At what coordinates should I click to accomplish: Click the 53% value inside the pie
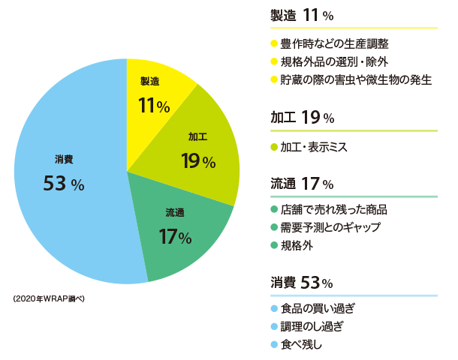pos(63,183)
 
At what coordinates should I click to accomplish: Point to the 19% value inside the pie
pos(198,160)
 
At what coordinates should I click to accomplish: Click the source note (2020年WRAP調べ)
pos(50,298)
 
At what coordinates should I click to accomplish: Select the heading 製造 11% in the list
pos(302,15)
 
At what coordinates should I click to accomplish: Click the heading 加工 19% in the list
pos(302,118)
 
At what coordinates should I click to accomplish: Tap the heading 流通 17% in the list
pos(302,183)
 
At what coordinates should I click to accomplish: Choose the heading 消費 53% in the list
pos(302,282)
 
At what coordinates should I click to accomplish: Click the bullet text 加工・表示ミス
pos(313,147)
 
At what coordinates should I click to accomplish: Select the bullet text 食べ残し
pos(301,344)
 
